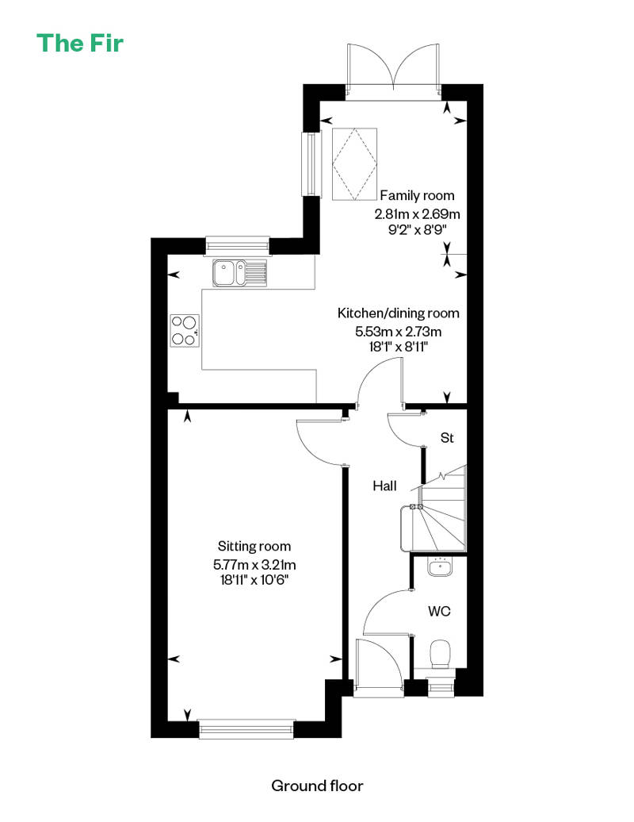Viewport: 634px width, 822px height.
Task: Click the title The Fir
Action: tap(80, 42)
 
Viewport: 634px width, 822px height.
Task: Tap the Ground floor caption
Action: tap(317, 786)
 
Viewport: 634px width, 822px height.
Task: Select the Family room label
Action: tap(417, 195)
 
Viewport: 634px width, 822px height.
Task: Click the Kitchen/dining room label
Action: tap(398, 313)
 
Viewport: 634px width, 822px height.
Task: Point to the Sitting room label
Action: tap(254, 546)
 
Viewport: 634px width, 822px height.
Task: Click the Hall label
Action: tap(384, 486)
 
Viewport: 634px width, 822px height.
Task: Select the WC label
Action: tap(440, 611)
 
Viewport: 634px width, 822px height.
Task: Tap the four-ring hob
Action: tap(185, 331)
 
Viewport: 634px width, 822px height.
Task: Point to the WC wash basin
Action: tap(437, 567)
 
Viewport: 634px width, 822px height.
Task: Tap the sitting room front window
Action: tap(246, 728)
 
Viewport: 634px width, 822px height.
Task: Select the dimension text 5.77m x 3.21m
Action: tap(254, 564)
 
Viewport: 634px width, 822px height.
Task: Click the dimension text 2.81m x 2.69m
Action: tap(417, 213)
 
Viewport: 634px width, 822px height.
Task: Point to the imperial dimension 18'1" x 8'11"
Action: tap(398, 347)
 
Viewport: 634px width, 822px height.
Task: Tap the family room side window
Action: tap(311, 164)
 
